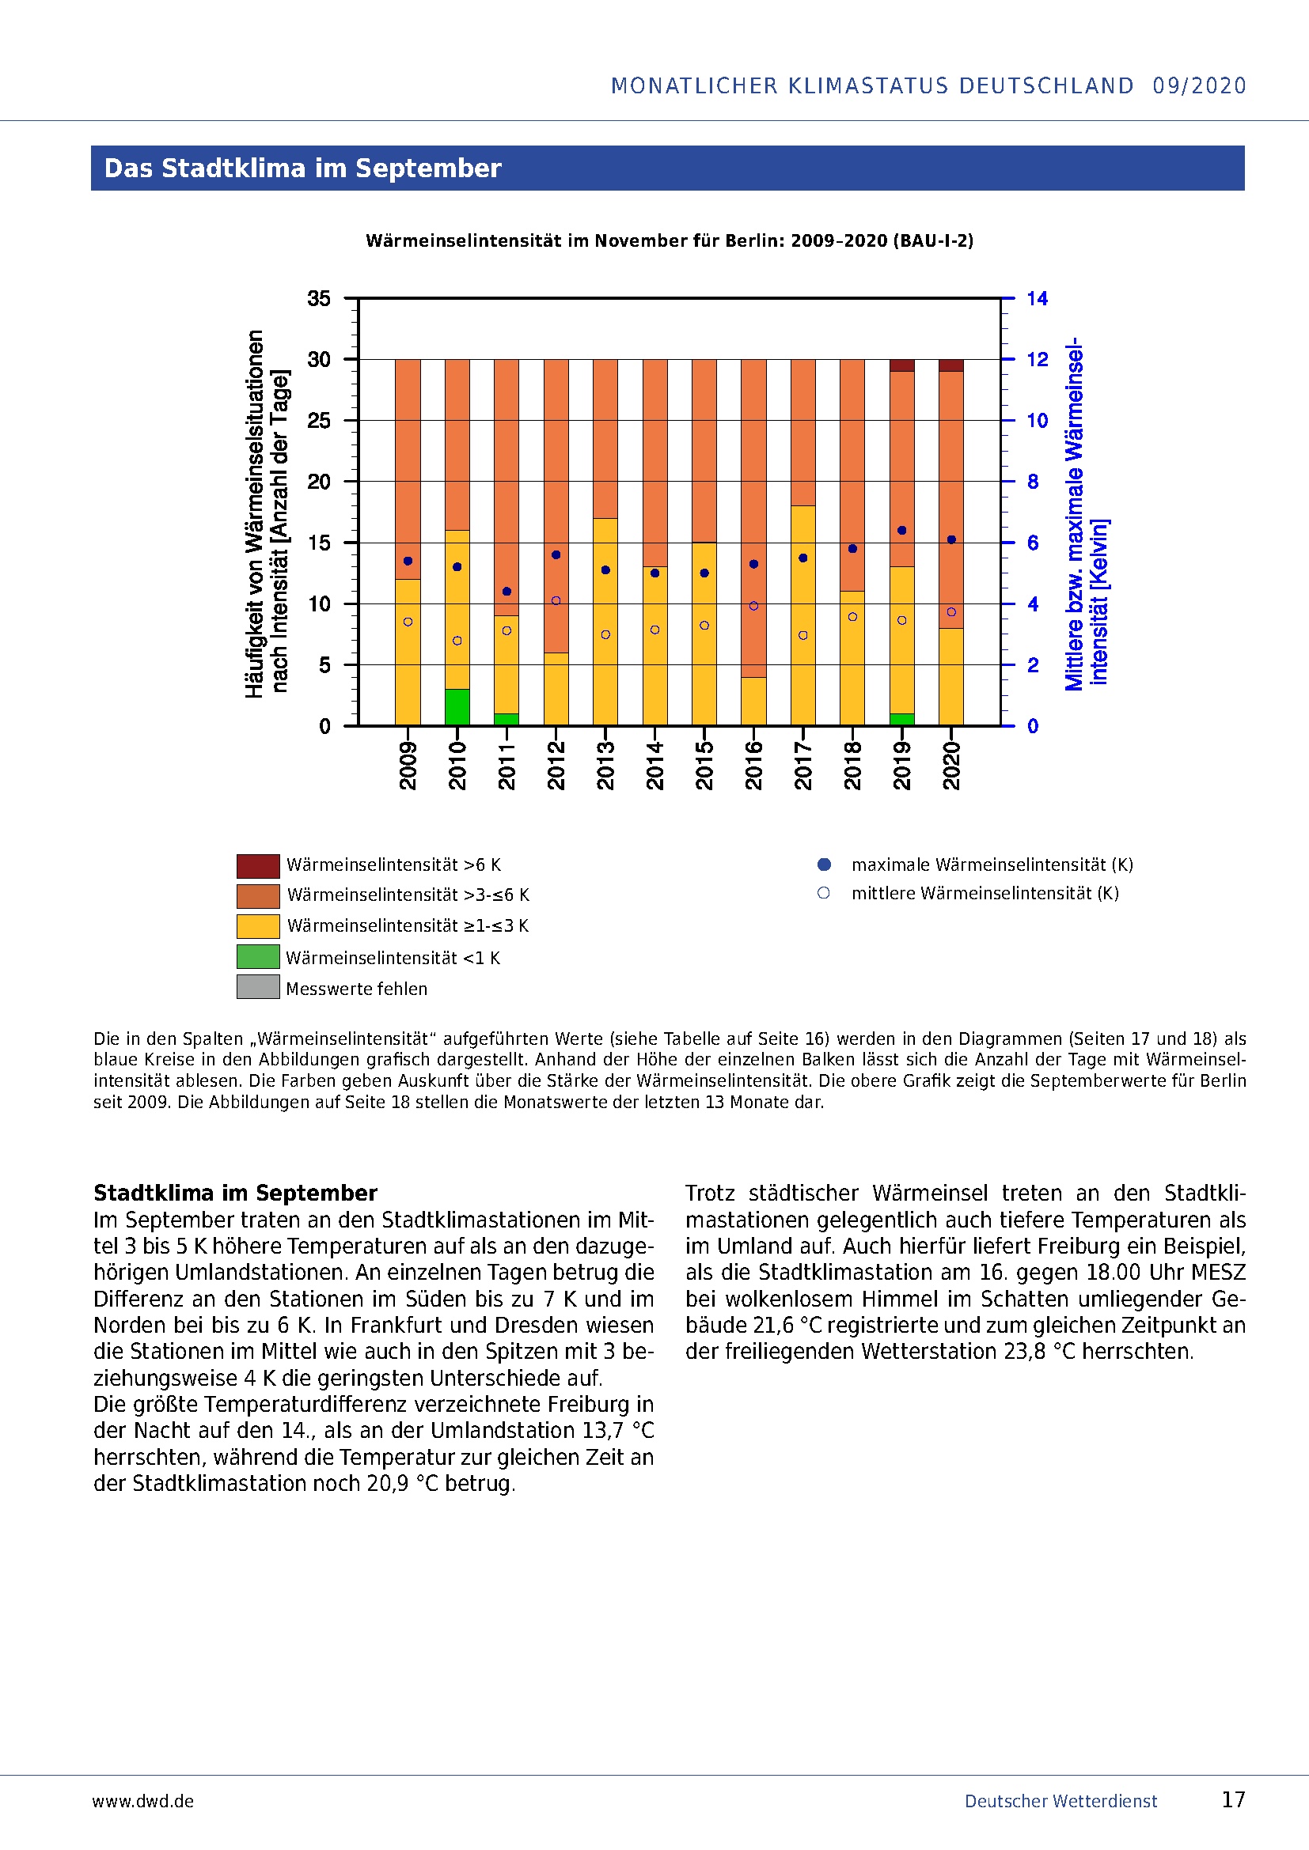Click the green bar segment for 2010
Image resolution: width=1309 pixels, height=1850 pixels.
(x=457, y=706)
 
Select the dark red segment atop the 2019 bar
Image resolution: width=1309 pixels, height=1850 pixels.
(x=902, y=365)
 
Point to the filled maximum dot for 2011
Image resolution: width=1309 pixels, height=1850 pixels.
(x=507, y=592)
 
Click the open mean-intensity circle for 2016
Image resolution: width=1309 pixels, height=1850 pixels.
(x=753, y=606)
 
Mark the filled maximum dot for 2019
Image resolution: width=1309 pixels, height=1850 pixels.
(x=902, y=530)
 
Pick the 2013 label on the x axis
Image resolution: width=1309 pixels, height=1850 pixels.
(x=605, y=766)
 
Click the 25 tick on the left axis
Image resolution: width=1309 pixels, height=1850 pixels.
(x=318, y=421)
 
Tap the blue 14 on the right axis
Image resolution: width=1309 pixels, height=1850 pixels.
(x=1037, y=299)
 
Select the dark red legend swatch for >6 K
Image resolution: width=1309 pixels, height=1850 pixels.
(x=258, y=865)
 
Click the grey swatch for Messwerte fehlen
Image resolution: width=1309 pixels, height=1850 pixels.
(x=258, y=987)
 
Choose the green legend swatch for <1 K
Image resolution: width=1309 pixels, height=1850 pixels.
(x=258, y=956)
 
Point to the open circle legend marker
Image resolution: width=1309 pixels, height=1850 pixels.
(x=823, y=893)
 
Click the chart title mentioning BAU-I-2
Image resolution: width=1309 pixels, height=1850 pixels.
(x=669, y=241)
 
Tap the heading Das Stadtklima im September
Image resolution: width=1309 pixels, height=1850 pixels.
(x=302, y=168)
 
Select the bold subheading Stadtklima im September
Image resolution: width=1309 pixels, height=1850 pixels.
(x=235, y=1193)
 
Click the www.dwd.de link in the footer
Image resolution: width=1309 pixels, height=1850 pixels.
(x=142, y=1801)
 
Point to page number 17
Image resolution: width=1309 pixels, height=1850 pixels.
(x=1233, y=1799)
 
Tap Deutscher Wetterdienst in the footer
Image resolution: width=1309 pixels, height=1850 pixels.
(x=1060, y=1801)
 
